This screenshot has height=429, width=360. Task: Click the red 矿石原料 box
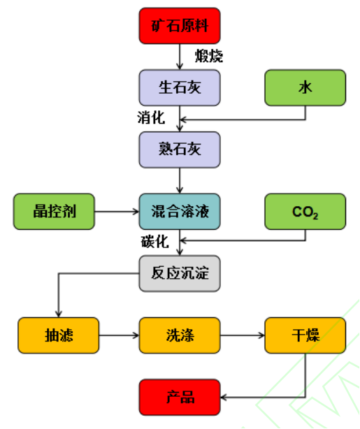[180, 26]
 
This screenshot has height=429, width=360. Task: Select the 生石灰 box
[180, 87]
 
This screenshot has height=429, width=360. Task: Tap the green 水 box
[305, 87]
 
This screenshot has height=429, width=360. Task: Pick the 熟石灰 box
[180, 150]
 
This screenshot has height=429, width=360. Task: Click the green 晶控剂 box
[54, 212]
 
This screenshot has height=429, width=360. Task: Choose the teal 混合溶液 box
[180, 212]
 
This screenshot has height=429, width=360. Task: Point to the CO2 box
[305, 212]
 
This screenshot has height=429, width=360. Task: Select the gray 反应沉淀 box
[180, 273]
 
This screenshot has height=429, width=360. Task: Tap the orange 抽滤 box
[58, 335]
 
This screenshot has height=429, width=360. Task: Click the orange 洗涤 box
[180, 335]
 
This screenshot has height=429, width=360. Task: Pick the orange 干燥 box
[305, 335]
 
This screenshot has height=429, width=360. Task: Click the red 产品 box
[180, 398]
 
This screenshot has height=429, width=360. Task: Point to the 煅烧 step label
[209, 56]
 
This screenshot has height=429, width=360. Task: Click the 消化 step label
[151, 117]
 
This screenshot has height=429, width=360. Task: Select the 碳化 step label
[155, 242]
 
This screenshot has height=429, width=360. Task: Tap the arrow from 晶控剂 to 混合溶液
[117, 212]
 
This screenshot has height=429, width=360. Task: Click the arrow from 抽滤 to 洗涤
[119, 335]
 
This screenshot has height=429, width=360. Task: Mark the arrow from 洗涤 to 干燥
[243, 335]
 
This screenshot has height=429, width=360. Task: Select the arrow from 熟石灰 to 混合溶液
[180, 180]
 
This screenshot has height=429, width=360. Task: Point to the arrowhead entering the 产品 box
[223, 398]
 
